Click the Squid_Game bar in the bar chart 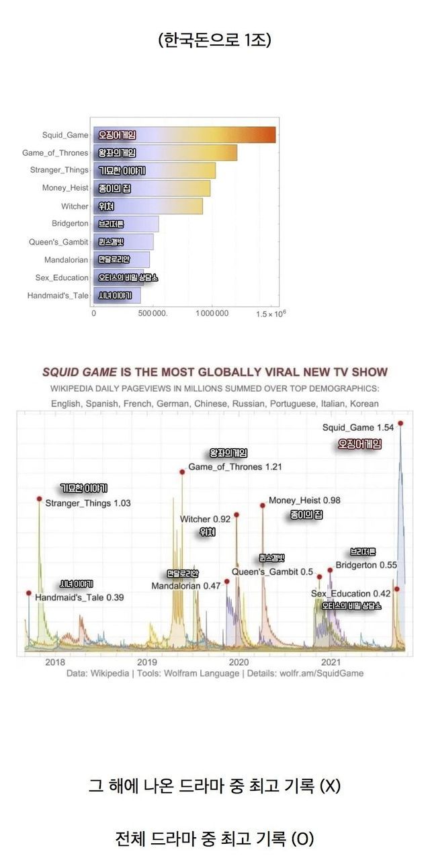(x=185, y=135)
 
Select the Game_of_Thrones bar (x=165, y=153)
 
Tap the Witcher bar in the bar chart (x=148, y=206)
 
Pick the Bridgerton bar (x=126, y=224)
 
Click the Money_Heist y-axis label (x=65, y=188)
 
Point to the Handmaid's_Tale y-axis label (x=58, y=295)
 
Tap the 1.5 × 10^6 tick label (x=271, y=313)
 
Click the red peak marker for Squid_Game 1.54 (x=400, y=423)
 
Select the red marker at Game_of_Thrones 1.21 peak (x=182, y=472)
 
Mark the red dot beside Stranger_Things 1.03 (x=39, y=499)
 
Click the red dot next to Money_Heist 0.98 (x=263, y=505)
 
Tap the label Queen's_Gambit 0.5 (x=272, y=572)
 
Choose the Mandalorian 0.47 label (x=185, y=585)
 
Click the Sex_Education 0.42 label (x=351, y=593)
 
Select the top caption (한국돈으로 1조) (x=214, y=41)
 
